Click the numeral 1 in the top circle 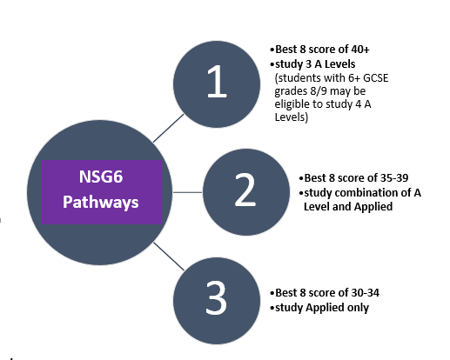pos(217,81)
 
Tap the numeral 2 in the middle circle pos(245,190)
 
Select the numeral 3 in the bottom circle pos(216,298)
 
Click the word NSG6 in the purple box pos(101,177)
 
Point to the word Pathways pos(101,202)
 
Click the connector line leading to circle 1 pos(168,128)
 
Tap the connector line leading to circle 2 pos(187,192)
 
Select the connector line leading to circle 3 pos(169,257)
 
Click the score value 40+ pos(360,50)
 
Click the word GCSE pos(376,78)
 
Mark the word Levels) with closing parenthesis pos(292,117)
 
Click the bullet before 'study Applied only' pos(272,308)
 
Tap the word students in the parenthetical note pos(299,78)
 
